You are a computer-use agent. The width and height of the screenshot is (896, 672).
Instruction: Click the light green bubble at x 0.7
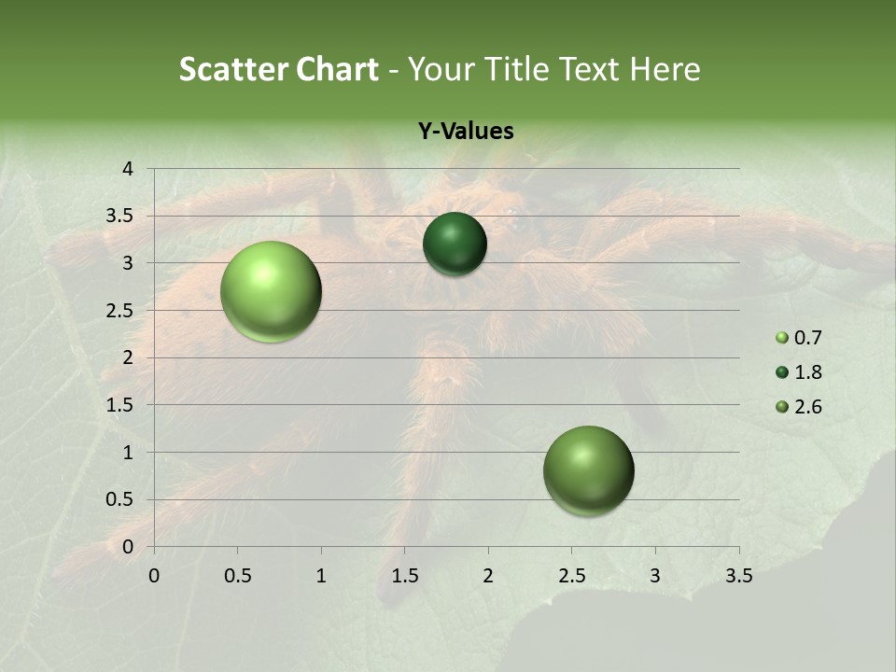pyautogui.click(x=272, y=291)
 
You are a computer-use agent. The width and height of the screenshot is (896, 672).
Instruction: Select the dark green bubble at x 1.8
pyautogui.click(x=455, y=245)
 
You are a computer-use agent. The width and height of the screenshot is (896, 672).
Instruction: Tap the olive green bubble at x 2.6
pyautogui.click(x=588, y=470)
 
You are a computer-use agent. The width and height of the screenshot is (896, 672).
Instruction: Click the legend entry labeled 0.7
pyautogui.click(x=797, y=338)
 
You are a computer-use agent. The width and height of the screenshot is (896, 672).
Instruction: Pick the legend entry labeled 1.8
pyautogui.click(x=797, y=372)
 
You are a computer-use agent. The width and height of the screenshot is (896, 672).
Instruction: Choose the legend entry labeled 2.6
pyautogui.click(x=797, y=407)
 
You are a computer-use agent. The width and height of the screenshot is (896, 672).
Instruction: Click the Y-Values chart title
pyautogui.click(x=466, y=132)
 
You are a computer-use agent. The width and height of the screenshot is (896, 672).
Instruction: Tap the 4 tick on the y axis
pyautogui.click(x=129, y=169)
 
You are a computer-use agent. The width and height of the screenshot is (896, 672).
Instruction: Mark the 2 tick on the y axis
pyautogui.click(x=129, y=357)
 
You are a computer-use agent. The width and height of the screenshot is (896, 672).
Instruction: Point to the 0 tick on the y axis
pyautogui.click(x=129, y=547)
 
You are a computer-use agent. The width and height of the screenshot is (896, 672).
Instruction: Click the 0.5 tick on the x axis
pyautogui.click(x=237, y=576)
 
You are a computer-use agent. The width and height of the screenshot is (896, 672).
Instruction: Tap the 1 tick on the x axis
pyautogui.click(x=321, y=576)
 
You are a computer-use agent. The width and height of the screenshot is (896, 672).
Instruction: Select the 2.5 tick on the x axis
pyautogui.click(x=571, y=576)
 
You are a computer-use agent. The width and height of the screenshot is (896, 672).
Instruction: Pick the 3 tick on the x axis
pyautogui.click(x=655, y=576)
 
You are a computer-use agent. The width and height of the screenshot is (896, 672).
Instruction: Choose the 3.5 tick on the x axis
pyautogui.click(x=738, y=576)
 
